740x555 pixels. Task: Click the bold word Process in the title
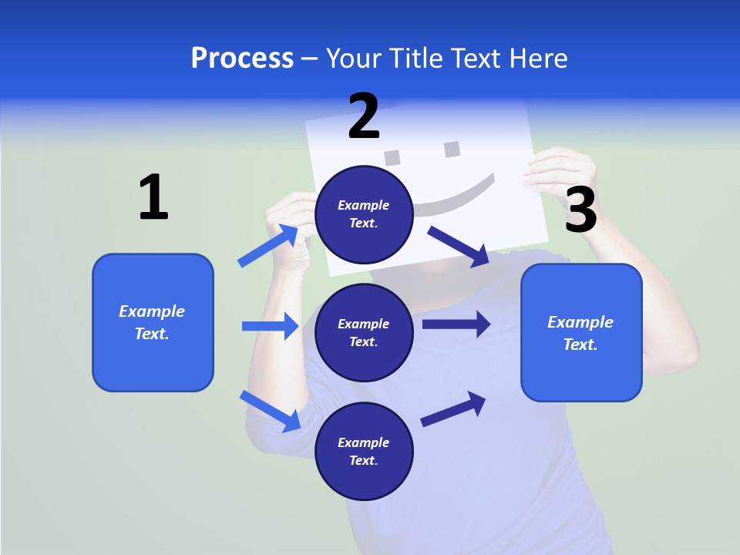tap(242, 59)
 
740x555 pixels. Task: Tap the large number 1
tap(153, 198)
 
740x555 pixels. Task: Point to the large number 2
tap(364, 116)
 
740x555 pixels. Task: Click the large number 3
tap(580, 210)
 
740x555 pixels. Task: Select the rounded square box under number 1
tap(153, 322)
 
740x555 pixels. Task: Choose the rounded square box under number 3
tap(581, 332)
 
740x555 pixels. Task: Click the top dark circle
tap(364, 214)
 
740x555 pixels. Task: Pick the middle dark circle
tap(364, 332)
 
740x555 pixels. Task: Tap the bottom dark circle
tap(364, 451)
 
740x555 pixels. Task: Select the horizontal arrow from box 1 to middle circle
tap(270, 326)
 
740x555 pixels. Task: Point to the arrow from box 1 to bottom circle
tap(271, 410)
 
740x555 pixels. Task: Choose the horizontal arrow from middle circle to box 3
tap(456, 324)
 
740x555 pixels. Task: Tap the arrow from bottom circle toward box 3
tap(454, 409)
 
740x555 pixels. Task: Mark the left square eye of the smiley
tap(393, 156)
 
